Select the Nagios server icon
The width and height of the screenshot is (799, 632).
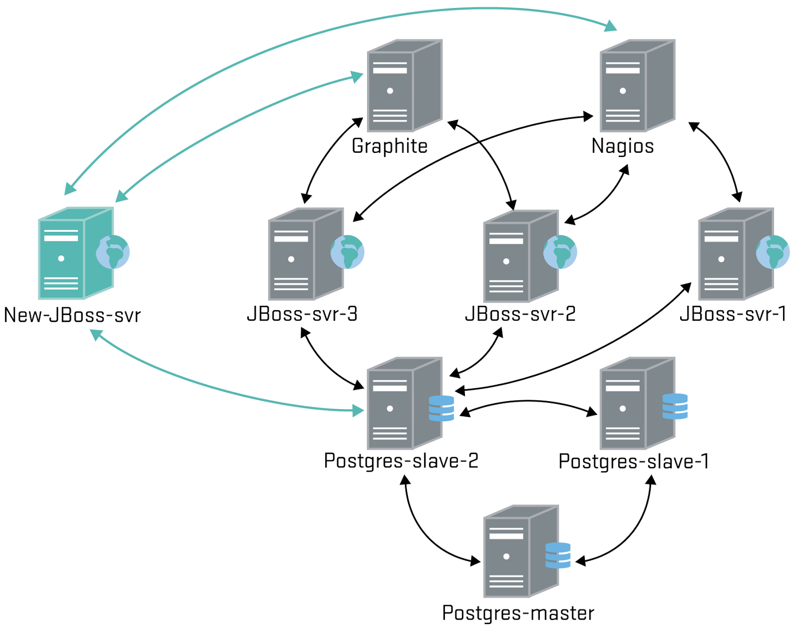[x=637, y=86]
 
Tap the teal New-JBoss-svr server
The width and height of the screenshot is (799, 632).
[x=75, y=253]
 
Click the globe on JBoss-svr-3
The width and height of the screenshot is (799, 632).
[x=347, y=252]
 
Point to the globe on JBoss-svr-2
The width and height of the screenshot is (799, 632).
[x=560, y=252]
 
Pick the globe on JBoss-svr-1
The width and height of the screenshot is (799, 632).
[x=773, y=252]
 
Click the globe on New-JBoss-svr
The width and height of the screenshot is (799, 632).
[x=113, y=252]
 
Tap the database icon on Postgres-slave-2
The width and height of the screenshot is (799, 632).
[x=441, y=408]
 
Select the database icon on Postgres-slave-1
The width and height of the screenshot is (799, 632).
[x=675, y=406]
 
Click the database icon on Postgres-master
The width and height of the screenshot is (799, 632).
[x=558, y=555]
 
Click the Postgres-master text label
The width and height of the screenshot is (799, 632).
[x=518, y=613]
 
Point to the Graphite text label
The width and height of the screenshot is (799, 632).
[x=390, y=146]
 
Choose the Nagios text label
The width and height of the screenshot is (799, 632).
[x=622, y=146]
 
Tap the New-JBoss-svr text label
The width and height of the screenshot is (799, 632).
[x=72, y=315]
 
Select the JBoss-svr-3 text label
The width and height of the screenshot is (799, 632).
[x=302, y=314]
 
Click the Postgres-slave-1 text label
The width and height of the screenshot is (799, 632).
[x=634, y=461]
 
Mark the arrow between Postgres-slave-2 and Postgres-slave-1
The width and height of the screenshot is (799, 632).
[x=528, y=401]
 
